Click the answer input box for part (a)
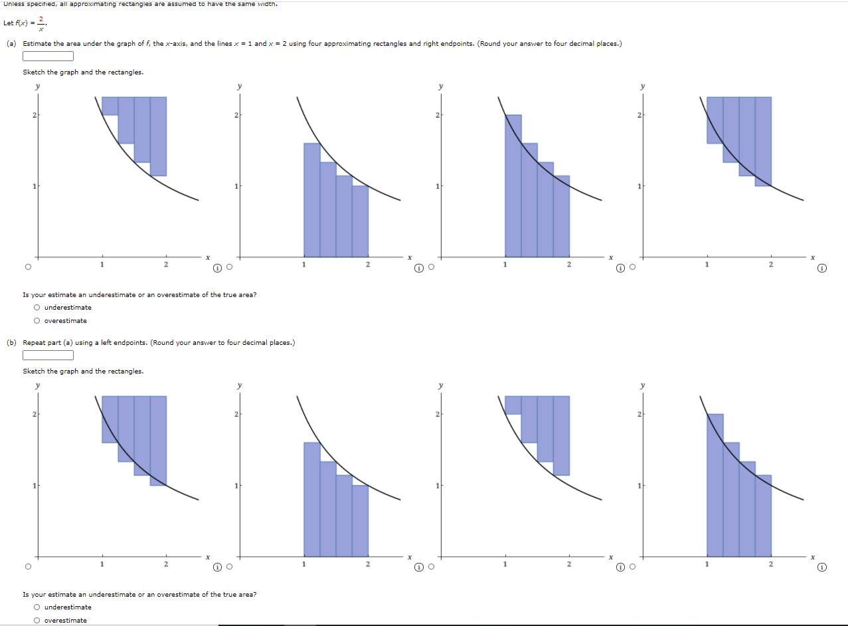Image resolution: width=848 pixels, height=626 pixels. coord(48,56)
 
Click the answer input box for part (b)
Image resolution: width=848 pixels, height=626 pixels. coord(48,355)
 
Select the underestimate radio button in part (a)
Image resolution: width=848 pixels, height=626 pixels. coord(37,308)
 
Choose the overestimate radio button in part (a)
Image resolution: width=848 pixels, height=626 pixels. coord(37,321)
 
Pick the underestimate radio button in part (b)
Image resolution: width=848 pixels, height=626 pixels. coord(37,607)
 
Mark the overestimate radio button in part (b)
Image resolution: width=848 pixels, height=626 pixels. coord(37,620)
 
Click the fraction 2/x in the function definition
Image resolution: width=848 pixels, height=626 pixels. coord(41,23)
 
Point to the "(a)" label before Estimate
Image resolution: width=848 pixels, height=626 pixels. coord(11,44)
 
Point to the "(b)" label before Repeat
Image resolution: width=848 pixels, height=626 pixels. coord(11,343)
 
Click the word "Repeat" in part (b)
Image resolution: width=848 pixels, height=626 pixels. coord(34,343)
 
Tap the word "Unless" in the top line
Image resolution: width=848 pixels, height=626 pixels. coord(13,4)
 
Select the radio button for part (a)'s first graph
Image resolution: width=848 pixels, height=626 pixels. coord(27,268)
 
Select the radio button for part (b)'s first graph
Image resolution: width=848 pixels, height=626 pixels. coord(27,567)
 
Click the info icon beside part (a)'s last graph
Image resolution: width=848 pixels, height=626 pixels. coord(822,268)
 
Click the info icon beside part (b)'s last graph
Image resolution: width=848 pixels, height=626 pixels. coord(822,568)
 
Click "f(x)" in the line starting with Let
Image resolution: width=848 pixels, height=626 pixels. coord(23,23)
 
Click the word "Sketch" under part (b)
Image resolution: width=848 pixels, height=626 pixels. coord(34,371)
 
